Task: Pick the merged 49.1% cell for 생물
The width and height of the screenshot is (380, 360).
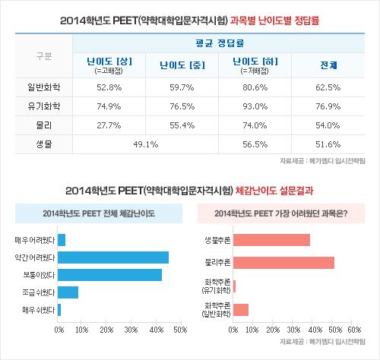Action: click(144, 143)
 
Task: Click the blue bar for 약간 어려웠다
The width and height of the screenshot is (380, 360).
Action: click(113, 257)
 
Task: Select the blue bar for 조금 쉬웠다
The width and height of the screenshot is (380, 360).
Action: click(68, 292)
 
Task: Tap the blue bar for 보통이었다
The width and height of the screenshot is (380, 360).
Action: click(110, 275)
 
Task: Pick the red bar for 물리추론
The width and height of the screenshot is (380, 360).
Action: click(284, 263)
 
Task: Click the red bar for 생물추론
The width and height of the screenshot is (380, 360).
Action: click(272, 240)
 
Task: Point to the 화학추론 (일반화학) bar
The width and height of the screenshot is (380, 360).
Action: click(242, 309)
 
